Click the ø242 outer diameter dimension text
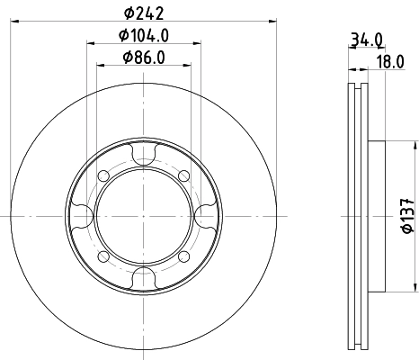click(x=144, y=12)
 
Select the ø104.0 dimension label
click(x=144, y=35)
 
